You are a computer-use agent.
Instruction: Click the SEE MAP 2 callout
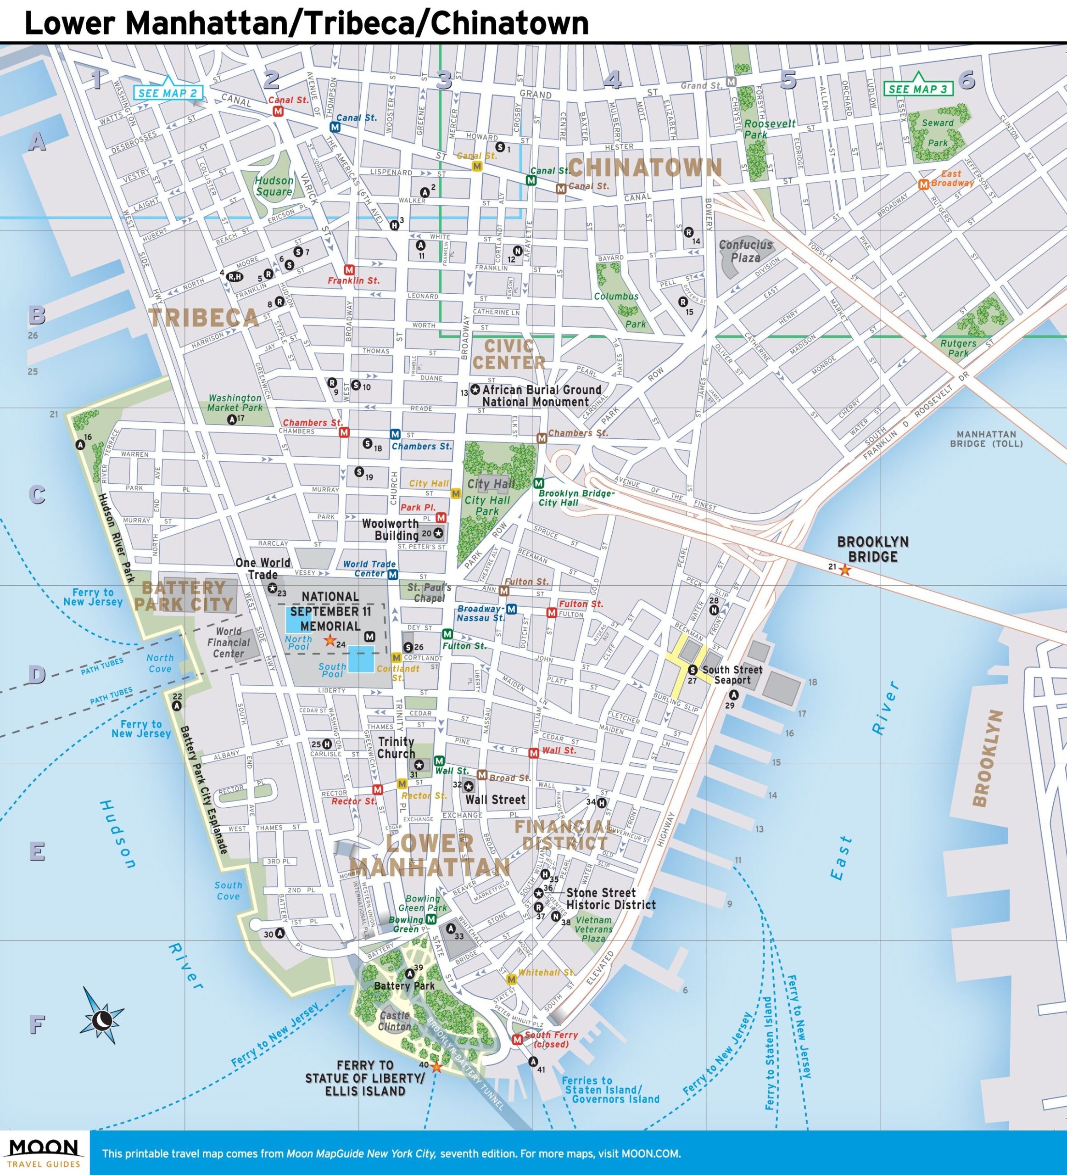click(x=169, y=93)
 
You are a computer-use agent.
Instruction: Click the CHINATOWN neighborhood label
click(x=645, y=168)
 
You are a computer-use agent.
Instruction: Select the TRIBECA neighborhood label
click(x=203, y=318)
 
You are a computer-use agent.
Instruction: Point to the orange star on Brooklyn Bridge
click(x=844, y=570)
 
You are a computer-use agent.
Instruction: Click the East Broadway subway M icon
click(x=923, y=184)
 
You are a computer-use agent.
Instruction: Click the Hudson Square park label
click(x=274, y=186)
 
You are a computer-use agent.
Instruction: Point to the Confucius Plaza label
click(x=745, y=251)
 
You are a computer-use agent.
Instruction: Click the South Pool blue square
click(x=361, y=659)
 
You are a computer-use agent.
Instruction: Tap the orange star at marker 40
click(x=436, y=1067)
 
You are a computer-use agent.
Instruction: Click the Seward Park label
click(x=938, y=133)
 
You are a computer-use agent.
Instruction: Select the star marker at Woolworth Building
click(x=438, y=533)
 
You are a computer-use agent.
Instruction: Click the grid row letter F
click(x=37, y=1024)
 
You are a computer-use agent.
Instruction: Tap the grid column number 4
click(x=612, y=79)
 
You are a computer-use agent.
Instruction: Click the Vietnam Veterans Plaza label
click(x=593, y=929)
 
